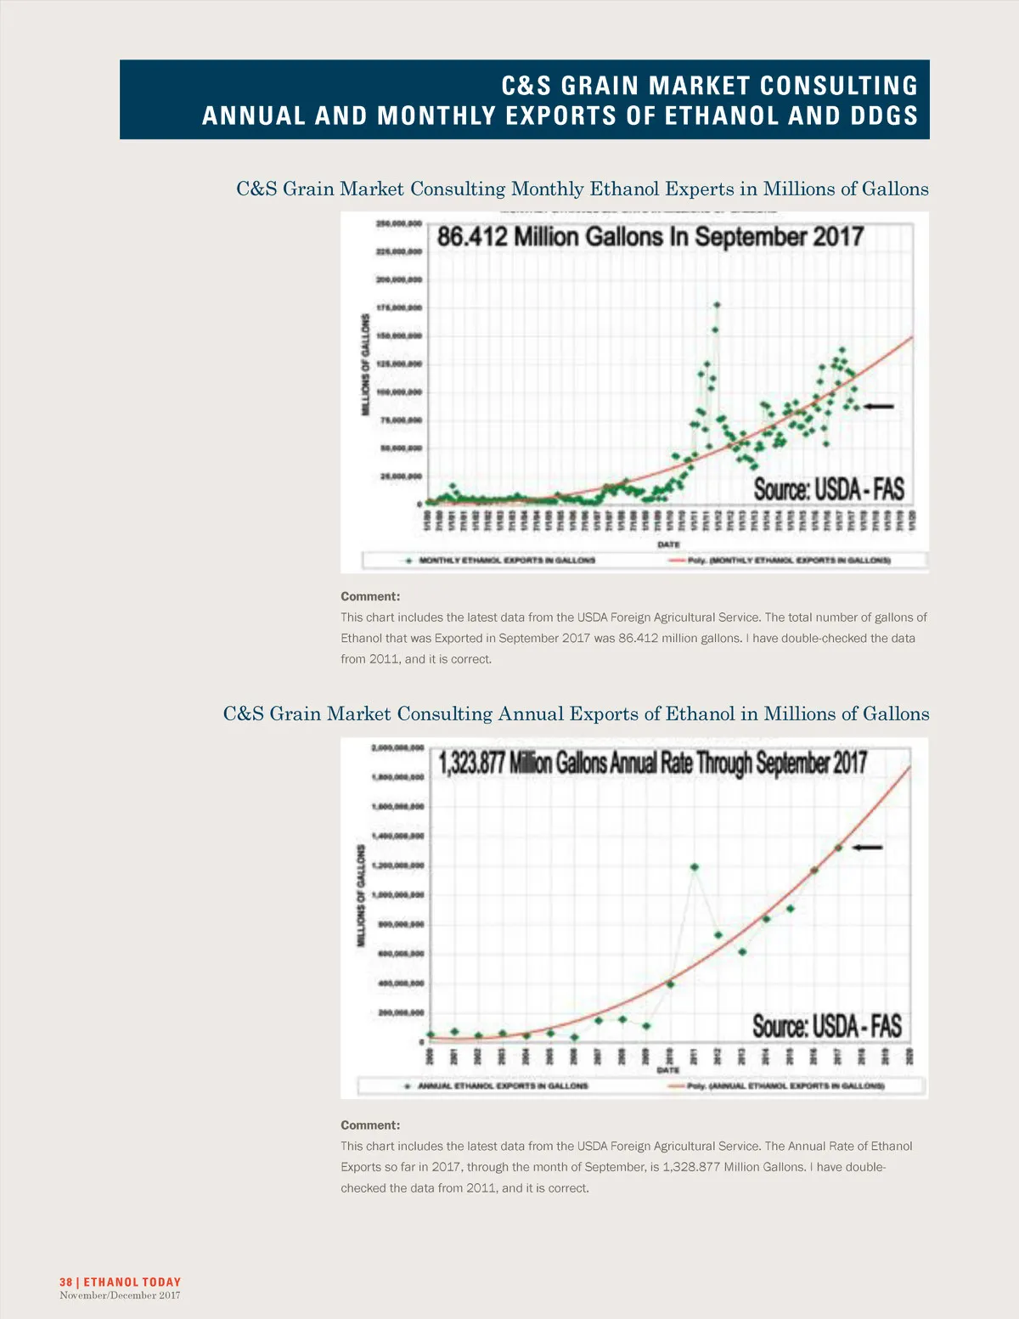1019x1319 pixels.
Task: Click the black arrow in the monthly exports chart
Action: (x=878, y=407)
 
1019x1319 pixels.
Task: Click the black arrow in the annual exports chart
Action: (x=868, y=847)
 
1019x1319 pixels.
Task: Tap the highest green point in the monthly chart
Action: (x=717, y=305)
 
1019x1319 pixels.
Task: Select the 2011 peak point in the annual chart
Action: (x=695, y=867)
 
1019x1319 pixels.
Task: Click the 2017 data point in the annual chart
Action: (x=838, y=848)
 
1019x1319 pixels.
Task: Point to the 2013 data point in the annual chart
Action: (x=742, y=952)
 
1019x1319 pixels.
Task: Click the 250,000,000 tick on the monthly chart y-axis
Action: (x=398, y=224)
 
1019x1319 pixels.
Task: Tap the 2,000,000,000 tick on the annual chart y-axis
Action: (x=397, y=748)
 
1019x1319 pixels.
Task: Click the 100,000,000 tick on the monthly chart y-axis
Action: (x=398, y=392)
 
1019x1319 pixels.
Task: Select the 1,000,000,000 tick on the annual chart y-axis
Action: (x=397, y=895)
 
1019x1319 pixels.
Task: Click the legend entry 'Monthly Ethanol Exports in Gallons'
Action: (x=506, y=561)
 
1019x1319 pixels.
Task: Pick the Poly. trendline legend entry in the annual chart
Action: (x=785, y=1085)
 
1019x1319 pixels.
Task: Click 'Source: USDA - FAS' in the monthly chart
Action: (x=829, y=489)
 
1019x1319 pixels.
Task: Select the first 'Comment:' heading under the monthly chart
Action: (x=370, y=596)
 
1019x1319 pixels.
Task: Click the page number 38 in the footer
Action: (x=65, y=1282)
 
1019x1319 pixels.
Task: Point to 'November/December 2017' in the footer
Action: (x=120, y=1295)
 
